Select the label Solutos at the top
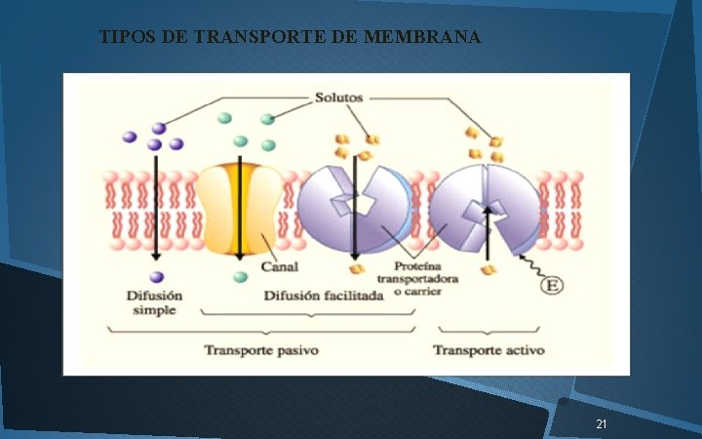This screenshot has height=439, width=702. [x=338, y=98]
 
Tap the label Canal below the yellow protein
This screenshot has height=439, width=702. [x=279, y=266]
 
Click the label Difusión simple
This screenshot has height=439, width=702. [x=154, y=302]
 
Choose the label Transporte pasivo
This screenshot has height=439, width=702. [x=260, y=349]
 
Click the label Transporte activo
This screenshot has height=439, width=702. [x=488, y=349]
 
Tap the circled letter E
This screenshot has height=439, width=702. [x=554, y=286]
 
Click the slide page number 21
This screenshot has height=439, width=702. [x=601, y=424]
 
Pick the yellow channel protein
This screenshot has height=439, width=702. [x=240, y=209]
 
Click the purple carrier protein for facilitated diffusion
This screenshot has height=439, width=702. [x=356, y=208]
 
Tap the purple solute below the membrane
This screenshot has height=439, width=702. [x=156, y=277]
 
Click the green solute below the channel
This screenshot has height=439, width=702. [x=241, y=278]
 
